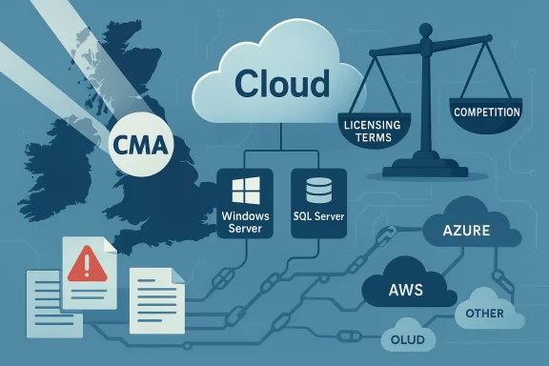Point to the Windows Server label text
coord(246,222)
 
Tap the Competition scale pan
coord(487,114)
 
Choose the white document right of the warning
coord(156,293)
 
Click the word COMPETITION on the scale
coord(487,112)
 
